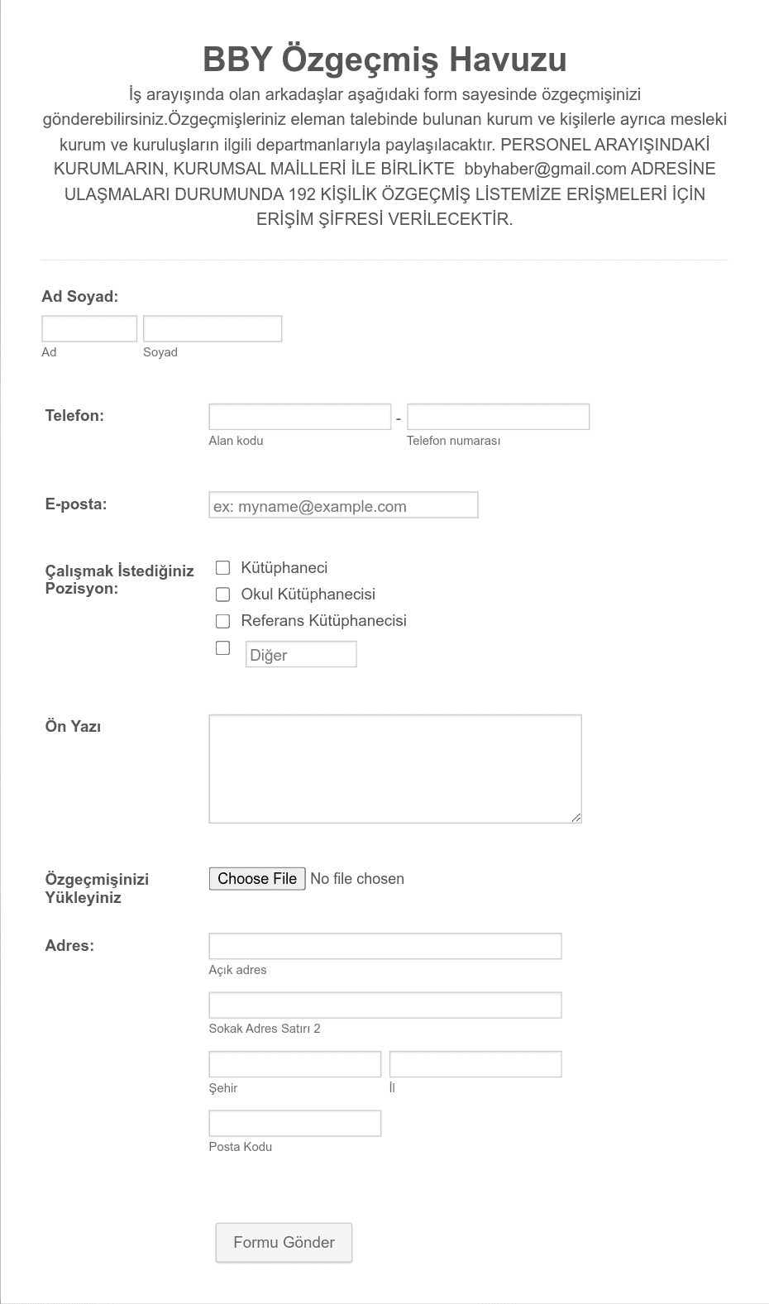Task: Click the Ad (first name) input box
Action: point(89,328)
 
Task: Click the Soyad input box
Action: point(213,328)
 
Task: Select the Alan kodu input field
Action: point(299,417)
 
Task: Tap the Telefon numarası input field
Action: point(498,417)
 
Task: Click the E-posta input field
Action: point(343,505)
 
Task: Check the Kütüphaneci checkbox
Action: point(222,568)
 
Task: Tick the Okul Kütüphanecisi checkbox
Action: point(222,595)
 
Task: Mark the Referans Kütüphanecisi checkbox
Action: point(222,621)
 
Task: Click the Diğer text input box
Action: point(301,654)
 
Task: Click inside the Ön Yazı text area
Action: point(394,768)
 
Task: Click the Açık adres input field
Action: point(384,946)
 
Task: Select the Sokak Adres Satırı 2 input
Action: point(384,1005)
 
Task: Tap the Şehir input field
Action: point(294,1064)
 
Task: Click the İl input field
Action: point(475,1064)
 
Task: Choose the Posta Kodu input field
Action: point(294,1123)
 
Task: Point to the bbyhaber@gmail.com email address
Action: point(545,170)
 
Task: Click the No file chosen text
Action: point(357,879)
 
